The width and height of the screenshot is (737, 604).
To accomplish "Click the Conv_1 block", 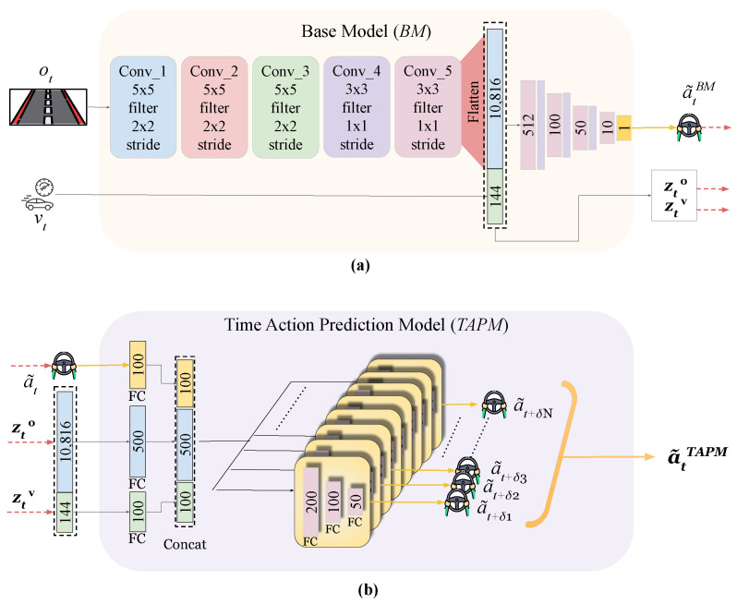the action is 143,107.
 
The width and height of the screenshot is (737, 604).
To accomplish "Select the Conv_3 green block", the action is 285,107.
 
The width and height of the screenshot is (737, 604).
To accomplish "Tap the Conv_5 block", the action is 428,107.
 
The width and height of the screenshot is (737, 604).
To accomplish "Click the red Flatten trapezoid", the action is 474,103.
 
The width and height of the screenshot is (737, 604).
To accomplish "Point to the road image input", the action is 48,107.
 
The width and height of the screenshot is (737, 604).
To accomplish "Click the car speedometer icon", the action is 39,194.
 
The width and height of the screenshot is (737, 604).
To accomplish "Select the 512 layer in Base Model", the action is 528,125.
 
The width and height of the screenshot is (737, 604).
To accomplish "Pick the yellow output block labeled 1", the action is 623,127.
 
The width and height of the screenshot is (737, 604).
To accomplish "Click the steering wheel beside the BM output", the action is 689,127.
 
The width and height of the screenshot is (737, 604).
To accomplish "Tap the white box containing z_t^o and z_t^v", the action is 674,195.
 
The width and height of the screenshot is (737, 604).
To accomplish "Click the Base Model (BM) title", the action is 366,31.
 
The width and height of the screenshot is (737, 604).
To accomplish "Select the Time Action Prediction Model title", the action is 366,325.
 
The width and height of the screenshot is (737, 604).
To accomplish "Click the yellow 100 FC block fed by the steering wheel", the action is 138,365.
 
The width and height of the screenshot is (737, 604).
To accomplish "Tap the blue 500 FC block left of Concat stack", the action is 138,441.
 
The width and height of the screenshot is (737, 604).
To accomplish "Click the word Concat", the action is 185,544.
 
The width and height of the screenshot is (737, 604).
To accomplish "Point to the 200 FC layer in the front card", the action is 311,502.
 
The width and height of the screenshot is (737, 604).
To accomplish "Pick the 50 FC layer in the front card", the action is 356,501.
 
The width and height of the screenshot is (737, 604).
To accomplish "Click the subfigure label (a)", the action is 360,266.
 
